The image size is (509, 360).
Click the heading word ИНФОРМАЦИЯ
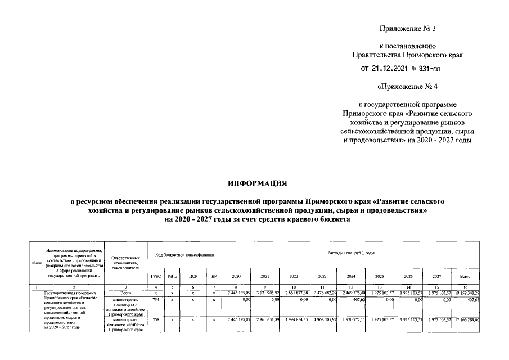click(x=257, y=184)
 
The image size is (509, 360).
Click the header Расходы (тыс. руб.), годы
click(x=351, y=254)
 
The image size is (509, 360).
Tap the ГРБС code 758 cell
click(x=155, y=320)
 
